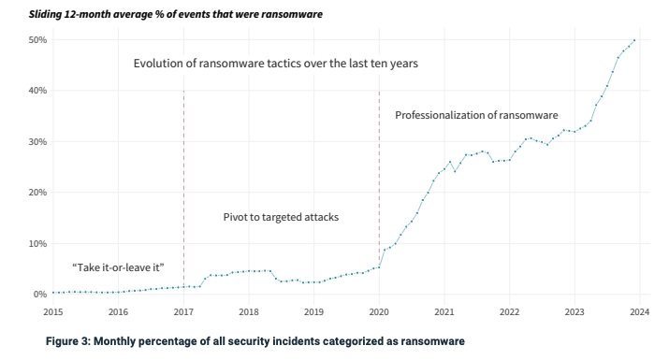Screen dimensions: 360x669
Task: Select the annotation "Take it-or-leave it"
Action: [118, 267]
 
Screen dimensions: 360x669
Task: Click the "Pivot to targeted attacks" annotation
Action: [281, 217]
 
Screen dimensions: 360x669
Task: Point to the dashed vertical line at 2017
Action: [183, 187]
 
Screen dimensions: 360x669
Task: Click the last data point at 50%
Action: [635, 40]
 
